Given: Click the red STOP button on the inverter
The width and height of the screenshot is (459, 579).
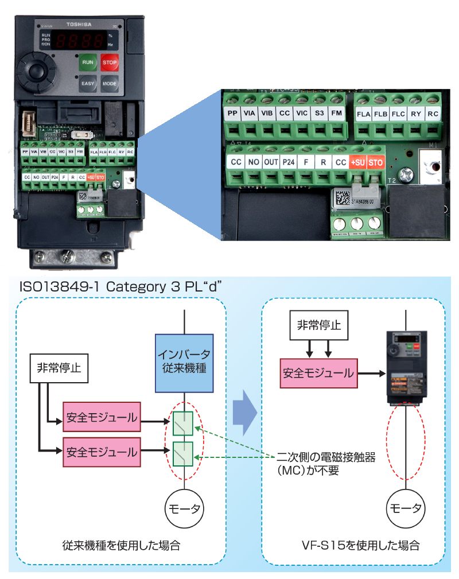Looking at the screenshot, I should tap(109, 62).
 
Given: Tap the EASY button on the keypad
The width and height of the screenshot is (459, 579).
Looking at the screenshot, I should tap(88, 83).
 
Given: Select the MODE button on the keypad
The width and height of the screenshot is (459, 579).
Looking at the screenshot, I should tap(109, 83).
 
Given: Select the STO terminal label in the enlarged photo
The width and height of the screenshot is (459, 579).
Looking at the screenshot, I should tap(375, 162).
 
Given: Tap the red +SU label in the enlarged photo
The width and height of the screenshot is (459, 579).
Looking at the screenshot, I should tap(358, 162).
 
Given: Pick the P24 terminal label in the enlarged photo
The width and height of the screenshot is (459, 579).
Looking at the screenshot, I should tap(288, 162).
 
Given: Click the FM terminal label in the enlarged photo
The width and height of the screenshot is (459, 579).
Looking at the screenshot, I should tap(336, 114).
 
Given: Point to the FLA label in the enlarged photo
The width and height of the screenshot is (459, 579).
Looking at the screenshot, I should tap(364, 114).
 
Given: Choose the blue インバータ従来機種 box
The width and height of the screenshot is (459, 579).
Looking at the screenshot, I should tap(184, 364).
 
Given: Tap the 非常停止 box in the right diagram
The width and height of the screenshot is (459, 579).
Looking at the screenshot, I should tap(318, 325).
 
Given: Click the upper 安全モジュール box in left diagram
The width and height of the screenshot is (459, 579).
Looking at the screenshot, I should tap(102, 418).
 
